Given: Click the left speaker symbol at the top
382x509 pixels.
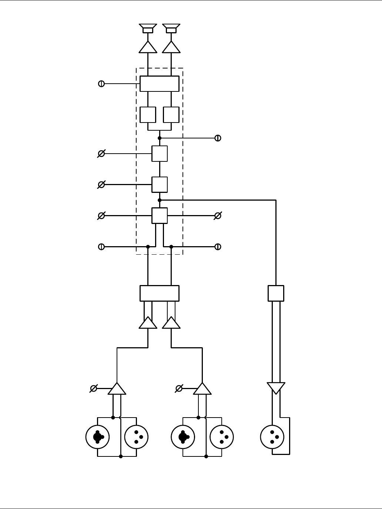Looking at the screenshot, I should tap(148, 28).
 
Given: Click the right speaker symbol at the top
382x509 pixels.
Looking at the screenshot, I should tap(171, 28).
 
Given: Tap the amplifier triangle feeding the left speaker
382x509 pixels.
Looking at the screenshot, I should tap(148, 48).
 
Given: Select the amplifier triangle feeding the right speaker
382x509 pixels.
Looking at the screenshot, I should tap(171, 48).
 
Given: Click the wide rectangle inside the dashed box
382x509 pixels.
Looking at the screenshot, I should tap(160, 84).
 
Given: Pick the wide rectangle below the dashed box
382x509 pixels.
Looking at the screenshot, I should tap(160, 293).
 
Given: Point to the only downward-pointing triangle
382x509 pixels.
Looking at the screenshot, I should tap(276, 388).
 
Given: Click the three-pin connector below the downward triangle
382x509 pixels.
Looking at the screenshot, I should tap(272, 437).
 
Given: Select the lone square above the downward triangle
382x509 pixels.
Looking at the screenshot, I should tap(276, 293).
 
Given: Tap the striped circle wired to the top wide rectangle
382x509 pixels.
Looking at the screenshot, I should tap(101, 84).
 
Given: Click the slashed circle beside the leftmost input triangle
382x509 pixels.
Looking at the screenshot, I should tap(94, 388).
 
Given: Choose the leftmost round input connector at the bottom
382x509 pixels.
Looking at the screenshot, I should tap(97, 437).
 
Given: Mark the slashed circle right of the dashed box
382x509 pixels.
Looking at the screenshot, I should tap(218, 215).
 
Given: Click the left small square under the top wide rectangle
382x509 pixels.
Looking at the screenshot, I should tap(148, 115).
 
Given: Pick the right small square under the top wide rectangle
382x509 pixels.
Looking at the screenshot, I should tap(171, 115).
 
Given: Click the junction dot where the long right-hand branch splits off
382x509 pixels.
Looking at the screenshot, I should tap(160, 200).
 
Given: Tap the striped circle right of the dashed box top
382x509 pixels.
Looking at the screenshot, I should tap(218, 138).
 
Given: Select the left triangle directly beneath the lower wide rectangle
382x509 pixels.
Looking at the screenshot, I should tap(148, 323).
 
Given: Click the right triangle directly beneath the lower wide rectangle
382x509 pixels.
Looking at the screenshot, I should tap(171, 323).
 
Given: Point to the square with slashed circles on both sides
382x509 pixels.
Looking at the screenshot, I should tap(160, 215).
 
